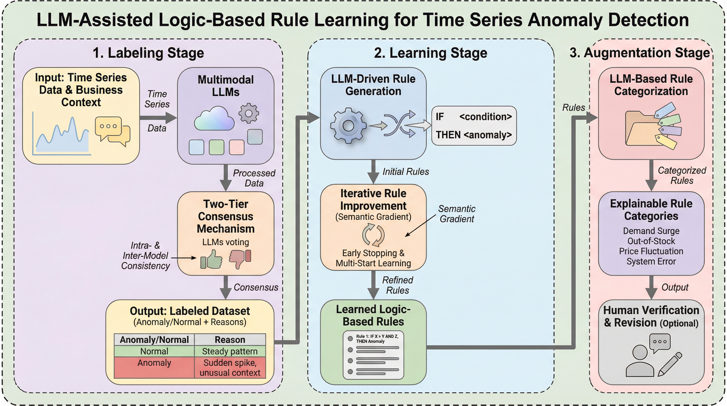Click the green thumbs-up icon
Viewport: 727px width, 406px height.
tap(211, 259)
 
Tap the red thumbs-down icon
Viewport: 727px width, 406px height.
tap(240, 258)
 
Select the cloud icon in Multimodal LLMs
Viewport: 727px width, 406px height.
tap(214, 119)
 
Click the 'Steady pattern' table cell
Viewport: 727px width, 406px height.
tap(230, 351)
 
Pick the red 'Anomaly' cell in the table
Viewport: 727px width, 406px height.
tap(154, 363)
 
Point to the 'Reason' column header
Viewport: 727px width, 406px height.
tap(230, 340)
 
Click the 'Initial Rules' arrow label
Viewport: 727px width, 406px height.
tap(406, 172)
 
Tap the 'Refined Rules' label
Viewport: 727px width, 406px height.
tap(397, 285)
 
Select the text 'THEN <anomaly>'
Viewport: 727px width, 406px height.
tap(474, 135)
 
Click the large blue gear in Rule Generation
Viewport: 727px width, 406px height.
tap(348, 126)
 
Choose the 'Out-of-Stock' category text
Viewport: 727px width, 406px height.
tap(651, 241)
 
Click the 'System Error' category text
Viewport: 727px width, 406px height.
tap(651, 261)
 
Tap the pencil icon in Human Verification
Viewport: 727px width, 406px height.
tap(669, 365)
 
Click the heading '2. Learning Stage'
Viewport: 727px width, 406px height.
tap(430, 53)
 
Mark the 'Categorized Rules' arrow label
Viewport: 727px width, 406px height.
tap(682, 175)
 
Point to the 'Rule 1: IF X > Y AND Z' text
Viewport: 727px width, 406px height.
tap(377, 339)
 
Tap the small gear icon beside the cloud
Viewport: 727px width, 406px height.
tap(248, 113)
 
